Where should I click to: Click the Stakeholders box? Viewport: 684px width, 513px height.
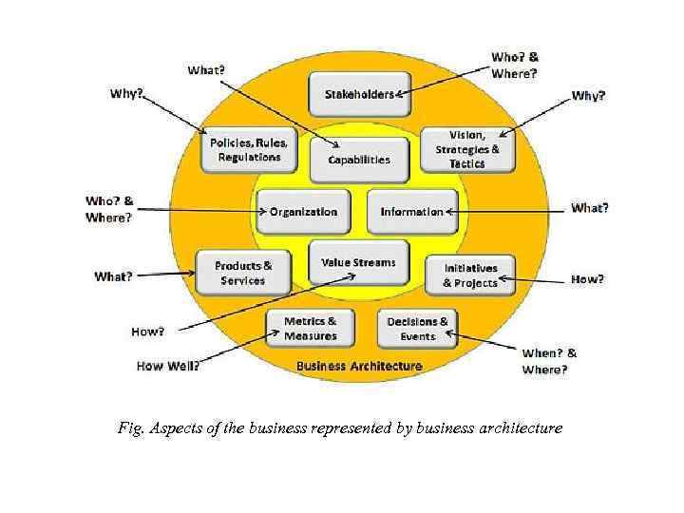point(359,94)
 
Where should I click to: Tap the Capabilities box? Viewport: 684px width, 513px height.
point(359,160)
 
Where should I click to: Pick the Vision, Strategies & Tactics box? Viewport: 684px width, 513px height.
point(467,149)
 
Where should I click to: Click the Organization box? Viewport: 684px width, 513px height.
point(303,211)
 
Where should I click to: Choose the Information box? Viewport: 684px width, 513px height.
point(412,211)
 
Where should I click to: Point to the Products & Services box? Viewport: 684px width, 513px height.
point(242,273)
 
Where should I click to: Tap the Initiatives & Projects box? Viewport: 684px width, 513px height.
point(470,275)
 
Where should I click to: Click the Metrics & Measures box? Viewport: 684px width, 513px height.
point(310,329)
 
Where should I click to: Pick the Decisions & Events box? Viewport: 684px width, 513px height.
point(418,329)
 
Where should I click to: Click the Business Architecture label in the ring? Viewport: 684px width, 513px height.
point(359,366)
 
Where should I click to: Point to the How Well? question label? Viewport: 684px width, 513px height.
point(168,366)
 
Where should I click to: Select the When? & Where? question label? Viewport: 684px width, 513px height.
point(549,361)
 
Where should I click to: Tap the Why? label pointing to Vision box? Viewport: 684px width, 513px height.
point(588,96)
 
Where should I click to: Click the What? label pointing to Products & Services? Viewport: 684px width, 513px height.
point(113,276)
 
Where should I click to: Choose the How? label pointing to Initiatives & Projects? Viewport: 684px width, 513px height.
point(587,279)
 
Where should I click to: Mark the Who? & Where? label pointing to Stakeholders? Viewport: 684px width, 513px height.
point(515,65)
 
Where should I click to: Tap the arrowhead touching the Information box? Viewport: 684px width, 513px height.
point(449,211)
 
